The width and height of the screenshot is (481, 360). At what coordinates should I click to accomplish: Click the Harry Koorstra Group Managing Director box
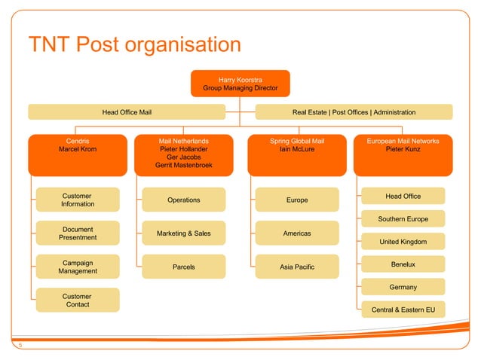(240, 84)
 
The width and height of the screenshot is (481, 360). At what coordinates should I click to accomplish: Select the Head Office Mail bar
(127, 112)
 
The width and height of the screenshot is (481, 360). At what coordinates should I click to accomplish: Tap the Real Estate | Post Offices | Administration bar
(354, 112)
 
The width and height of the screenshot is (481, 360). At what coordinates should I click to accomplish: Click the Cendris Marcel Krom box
(78, 154)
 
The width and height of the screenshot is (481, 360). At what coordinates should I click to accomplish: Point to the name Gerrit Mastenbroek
(183, 165)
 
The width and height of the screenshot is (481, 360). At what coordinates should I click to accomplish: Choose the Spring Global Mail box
(296, 154)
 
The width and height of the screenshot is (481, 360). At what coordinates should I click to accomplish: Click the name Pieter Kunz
(403, 149)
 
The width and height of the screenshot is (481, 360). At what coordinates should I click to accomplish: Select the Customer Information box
(78, 200)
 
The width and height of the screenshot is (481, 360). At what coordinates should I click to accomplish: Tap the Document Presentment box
(78, 233)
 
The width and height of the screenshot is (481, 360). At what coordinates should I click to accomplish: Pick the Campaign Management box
(78, 267)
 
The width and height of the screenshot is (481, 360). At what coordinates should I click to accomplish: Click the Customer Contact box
(78, 301)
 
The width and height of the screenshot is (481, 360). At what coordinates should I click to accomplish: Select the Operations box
(183, 200)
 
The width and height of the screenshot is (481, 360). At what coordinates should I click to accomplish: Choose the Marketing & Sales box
(183, 233)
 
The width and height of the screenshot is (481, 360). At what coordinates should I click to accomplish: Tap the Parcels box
(183, 267)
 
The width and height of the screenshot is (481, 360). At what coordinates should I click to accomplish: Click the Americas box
(296, 233)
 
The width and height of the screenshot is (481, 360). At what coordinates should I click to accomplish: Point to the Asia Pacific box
(296, 267)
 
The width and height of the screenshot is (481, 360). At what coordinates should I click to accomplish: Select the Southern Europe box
(403, 219)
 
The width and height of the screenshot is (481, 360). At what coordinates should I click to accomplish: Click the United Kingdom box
(403, 242)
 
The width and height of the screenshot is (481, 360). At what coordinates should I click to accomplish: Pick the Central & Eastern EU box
(403, 310)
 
